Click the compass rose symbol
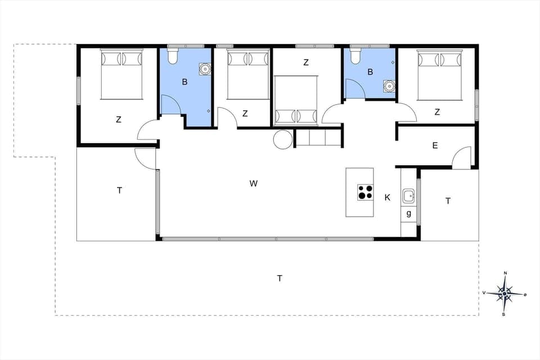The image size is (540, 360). point(505,293)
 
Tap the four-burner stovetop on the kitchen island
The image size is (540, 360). point(364,192)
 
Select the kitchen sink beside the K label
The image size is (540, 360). point(409,196)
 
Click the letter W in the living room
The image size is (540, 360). point(254,183)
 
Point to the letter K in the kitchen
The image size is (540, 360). point(387,197)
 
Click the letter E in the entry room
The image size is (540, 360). point(435,146)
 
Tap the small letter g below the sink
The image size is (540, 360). point(409,213)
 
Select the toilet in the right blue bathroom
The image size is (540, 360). point(355,56)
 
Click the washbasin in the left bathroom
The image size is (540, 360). point(205,69)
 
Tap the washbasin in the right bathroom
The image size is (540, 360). point(388,85)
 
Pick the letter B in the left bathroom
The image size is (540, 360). point(184,82)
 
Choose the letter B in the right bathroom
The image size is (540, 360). point(370,72)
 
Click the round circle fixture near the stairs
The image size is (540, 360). point(282,139)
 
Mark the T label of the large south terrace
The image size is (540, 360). point(280,277)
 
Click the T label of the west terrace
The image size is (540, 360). point(119,191)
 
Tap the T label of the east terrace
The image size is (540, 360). point(448,201)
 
